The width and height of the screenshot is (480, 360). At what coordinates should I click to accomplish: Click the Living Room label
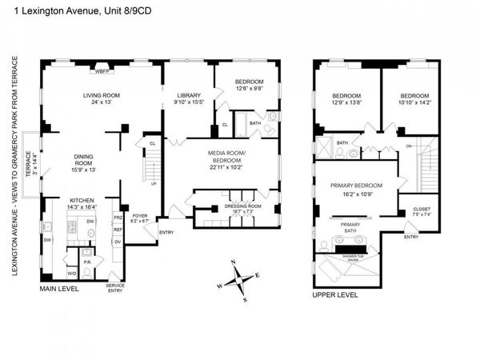tap(101, 95)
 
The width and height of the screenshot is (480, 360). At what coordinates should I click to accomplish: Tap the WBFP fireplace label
tap(102, 72)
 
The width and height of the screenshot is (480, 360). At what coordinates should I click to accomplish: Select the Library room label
tap(189, 95)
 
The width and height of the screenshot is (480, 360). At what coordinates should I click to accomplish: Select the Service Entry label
tap(116, 290)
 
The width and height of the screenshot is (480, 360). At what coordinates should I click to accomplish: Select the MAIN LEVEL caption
tap(59, 289)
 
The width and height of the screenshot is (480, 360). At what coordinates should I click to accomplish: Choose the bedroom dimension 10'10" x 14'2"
tap(409, 102)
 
